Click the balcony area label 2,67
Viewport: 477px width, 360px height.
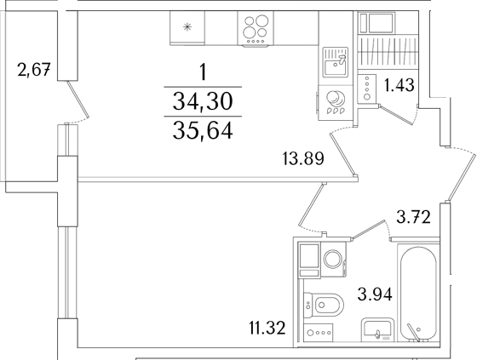point(34,70)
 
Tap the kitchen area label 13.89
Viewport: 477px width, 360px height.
point(303,158)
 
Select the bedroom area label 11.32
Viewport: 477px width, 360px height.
point(267,328)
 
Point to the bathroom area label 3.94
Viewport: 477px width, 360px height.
point(375,294)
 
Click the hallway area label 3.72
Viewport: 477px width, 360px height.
point(414,217)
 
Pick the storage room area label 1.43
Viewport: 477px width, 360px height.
point(399,85)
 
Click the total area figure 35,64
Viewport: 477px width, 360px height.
point(203,130)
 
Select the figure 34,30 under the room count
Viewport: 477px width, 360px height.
point(203,101)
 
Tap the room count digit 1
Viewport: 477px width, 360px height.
point(203,72)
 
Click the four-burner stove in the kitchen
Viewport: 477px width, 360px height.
point(256,28)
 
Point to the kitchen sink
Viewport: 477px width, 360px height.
point(336,62)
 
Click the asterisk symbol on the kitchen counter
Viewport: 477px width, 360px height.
point(187,27)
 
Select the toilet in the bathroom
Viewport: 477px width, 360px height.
point(324,305)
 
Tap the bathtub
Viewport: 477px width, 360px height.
point(418,294)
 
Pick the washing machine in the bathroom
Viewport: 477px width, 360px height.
point(333,260)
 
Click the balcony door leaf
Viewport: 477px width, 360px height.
point(78,100)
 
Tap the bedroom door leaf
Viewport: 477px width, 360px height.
point(311,205)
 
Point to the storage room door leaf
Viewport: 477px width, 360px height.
point(396,115)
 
